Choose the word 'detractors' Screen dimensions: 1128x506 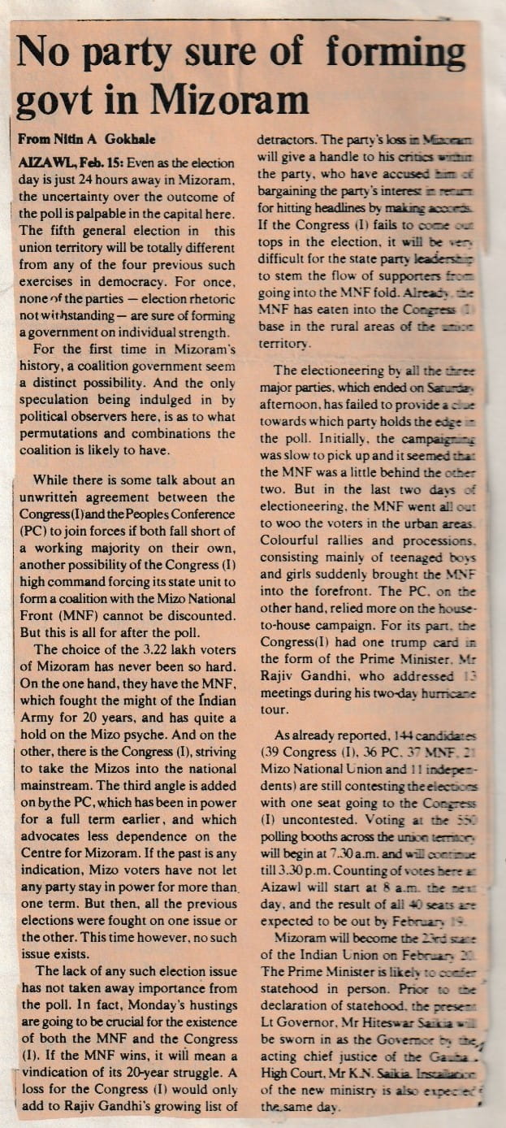(289, 140)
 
